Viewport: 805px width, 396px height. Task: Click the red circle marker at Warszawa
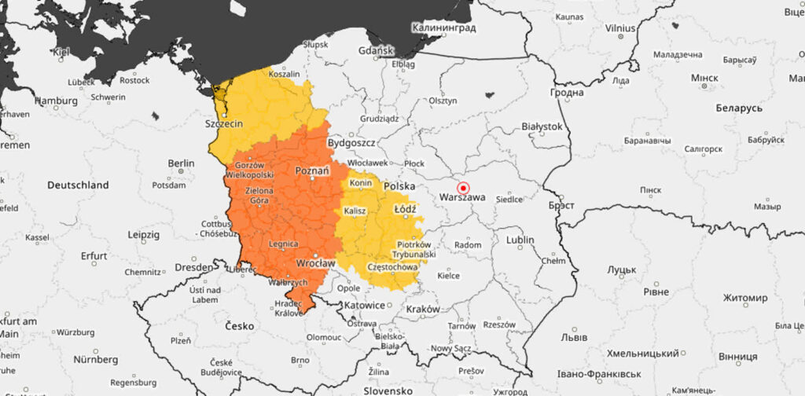pos(463,189)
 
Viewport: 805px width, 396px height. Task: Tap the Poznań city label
pos(311,170)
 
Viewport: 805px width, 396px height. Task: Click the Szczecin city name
pos(223,124)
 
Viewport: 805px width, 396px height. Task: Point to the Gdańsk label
pos(374,51)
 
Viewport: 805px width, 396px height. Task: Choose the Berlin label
pos(181,163)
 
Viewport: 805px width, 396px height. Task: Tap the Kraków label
pos(423,309)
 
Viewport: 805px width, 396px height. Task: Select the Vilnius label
pos(619,27)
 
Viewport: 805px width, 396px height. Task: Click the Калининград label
pos(444,27)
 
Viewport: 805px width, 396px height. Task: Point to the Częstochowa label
pos(392,267)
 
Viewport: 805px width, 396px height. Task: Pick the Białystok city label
pos(542,126)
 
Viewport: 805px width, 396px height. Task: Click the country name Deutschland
pos(78,185)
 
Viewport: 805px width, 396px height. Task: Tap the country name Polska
pos(399,187)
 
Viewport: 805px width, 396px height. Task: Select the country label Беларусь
pos(739,107)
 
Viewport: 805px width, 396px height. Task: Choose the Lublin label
pos(520,240)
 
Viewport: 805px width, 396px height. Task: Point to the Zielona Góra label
pos(260,196)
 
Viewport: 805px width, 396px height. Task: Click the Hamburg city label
pos(56,101)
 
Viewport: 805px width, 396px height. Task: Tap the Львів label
pos(573,337)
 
